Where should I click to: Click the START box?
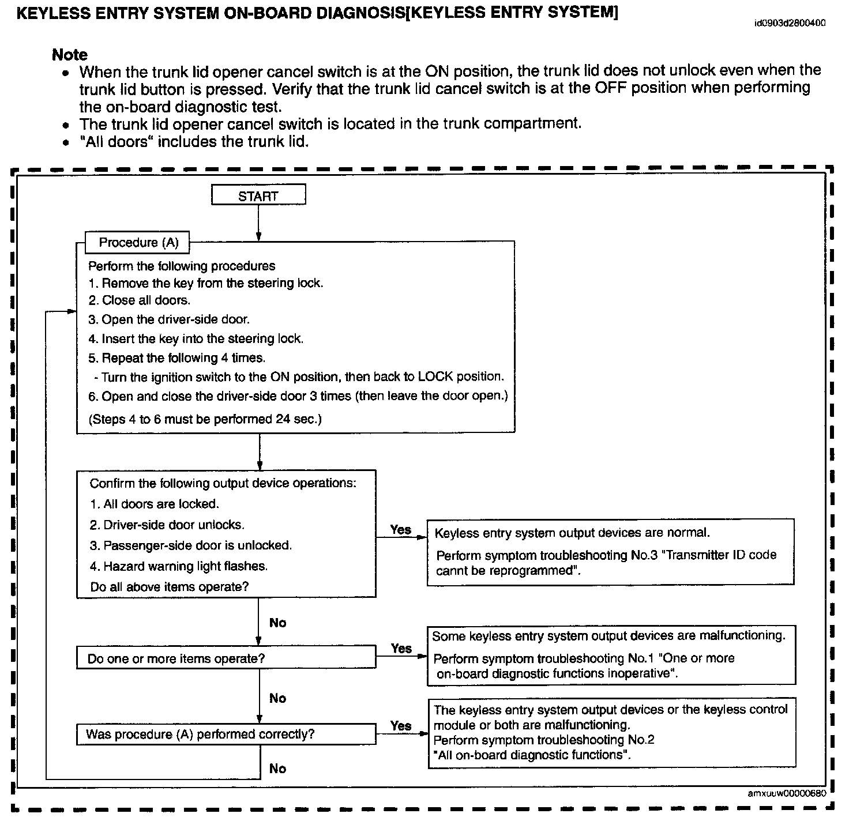coord(258,195)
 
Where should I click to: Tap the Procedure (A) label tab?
coord(137,243)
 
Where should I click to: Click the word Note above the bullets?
coord(70,55)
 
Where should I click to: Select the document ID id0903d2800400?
coord(790,24)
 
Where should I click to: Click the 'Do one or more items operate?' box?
coord(226,658)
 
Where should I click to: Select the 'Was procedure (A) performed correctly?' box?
coord(226,734)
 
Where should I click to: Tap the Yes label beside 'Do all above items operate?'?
coord(401,529)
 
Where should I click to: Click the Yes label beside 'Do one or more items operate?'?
coord(401,648)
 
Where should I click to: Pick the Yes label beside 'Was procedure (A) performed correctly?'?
coord(401,725)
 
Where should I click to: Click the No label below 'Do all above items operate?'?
coord(277,623)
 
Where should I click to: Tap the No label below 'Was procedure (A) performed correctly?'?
coord(277,769)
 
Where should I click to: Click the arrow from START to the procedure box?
coord(258,223)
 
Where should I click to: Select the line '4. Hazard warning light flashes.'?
coord(179,566)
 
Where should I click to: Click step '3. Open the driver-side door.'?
coord(169,319)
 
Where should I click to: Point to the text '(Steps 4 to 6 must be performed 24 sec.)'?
coord(205,419)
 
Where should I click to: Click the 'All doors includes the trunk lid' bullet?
coord(194,141)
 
